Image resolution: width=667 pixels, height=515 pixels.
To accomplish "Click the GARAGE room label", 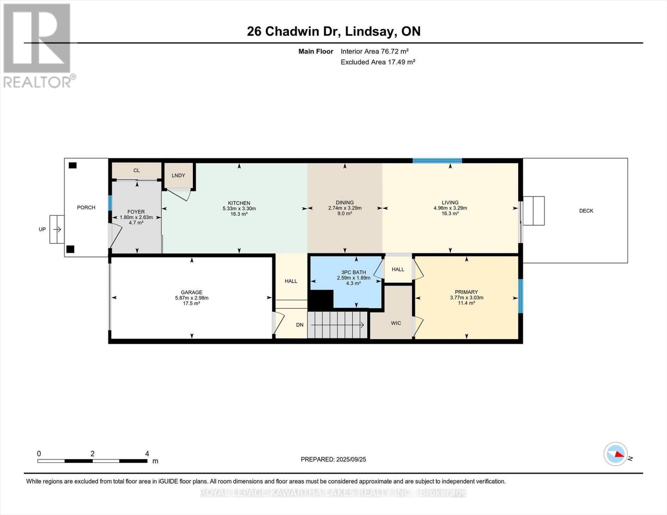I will click(191, 292).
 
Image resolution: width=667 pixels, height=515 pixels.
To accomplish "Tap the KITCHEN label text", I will click(239, 203).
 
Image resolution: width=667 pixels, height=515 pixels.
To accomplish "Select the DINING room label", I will click(344, 203).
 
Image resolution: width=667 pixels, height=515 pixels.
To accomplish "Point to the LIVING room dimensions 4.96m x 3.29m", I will click(450, 208).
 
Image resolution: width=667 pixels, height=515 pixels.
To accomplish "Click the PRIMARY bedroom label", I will click(466, 292).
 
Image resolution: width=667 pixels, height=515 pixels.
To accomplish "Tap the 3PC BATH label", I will click(353, 272).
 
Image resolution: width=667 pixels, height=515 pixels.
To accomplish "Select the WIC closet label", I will click(396, 323).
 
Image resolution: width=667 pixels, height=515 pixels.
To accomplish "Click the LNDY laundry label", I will click(178, 176).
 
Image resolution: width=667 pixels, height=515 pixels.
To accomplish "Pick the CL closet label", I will click(137, 170).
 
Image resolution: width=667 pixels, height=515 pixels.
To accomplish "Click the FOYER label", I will click(136, 212).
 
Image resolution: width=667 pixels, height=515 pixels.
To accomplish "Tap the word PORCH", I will click(86, 207).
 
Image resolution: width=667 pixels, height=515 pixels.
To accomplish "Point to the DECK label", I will click(586, 211).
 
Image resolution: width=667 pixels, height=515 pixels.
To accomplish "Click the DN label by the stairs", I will click(300, 325).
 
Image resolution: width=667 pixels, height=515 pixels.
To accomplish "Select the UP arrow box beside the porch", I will click(57, 230).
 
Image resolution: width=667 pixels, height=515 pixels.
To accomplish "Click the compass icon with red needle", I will click(615, 454).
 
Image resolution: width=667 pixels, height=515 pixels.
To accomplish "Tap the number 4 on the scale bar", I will click(147, 454).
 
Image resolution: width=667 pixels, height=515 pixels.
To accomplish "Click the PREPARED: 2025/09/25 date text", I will click(333, 459).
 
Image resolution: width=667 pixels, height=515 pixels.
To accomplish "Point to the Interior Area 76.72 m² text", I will click(375, 51).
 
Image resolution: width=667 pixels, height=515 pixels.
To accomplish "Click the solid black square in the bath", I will click(321, 300).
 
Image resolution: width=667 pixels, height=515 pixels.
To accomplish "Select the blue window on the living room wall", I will click(437, 161).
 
